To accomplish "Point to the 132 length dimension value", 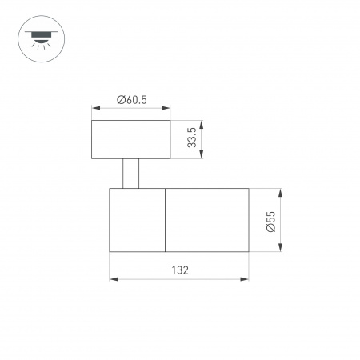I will [179, 270].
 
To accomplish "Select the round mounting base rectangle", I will [131, 139].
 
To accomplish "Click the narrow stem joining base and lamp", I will [131, 174].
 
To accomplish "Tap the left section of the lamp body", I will [137, 220].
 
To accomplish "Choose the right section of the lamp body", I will [206, 220].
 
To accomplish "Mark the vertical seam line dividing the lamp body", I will [166, 220].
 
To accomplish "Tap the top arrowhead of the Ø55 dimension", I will [282, 192].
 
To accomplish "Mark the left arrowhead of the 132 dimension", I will [112, 279].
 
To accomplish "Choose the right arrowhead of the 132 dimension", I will [246, 279].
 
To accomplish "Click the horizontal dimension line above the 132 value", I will [179, 279].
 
